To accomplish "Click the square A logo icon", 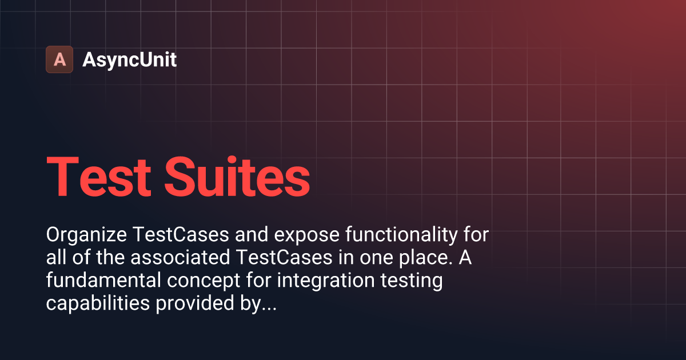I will click(59, 59).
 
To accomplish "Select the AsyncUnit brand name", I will click(130, 59).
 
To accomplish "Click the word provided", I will click(196, 304).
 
